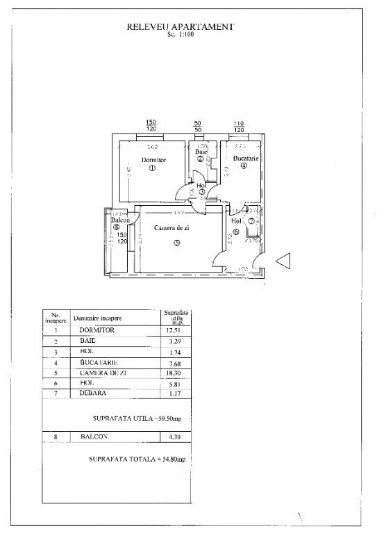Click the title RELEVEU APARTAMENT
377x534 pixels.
181,26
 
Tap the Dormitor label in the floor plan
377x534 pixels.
151,160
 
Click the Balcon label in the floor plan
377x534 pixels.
119,220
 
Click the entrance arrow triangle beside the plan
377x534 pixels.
285,261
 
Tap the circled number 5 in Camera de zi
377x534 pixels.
177,243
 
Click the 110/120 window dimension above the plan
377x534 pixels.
239,126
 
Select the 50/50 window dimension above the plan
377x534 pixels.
198,126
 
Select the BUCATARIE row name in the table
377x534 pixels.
99,362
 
